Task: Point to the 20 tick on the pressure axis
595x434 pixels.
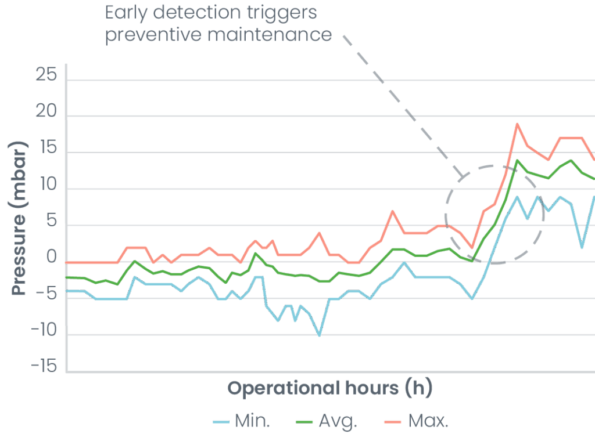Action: point(46,114)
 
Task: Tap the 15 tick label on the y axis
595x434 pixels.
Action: point(46,150)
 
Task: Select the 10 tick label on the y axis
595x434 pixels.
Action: point(46,187)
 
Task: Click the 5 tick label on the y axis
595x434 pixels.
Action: point(52,223)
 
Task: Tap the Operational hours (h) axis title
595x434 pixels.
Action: point(329,388)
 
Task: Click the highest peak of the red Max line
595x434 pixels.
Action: point(517,124)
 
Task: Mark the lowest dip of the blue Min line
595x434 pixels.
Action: point(319,335)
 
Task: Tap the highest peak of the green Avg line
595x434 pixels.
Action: point(517,160)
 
